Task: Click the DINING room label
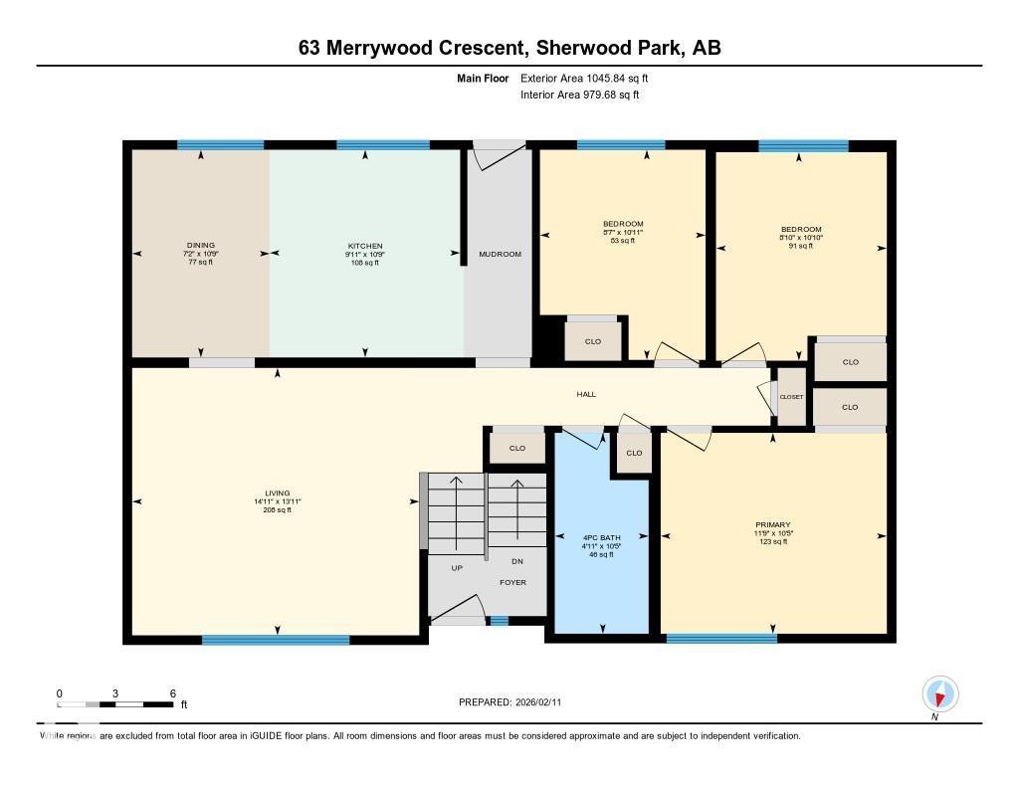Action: point(200,246)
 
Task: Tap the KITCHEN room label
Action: point(364,246)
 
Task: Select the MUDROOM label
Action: point(500,255)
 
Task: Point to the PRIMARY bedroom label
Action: point(772,524)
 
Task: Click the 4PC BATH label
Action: point(601,537)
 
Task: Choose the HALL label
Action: point(586,394)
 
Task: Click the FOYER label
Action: point(512,582)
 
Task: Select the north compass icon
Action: point(939,692)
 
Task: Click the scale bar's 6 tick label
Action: point(172,693)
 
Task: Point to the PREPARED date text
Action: point(515,702)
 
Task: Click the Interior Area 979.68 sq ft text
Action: point(579,96)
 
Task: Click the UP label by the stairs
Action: point(457,568)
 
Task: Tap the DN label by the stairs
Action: point(516,562)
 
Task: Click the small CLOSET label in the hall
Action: point(791,397)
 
